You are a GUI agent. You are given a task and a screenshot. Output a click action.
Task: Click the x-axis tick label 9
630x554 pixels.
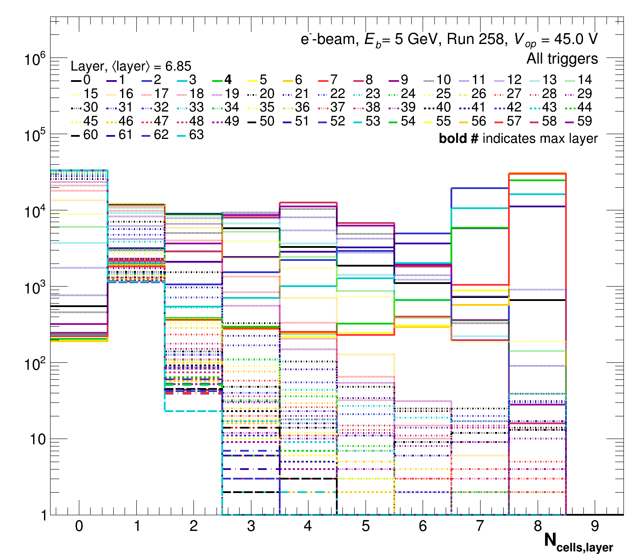point(595,527)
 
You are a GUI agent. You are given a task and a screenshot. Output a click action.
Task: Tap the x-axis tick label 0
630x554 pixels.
point(79,527)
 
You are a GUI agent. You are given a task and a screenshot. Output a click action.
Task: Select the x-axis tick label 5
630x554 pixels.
point(365,527)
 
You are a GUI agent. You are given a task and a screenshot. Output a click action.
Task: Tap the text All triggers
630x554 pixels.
point(562,58)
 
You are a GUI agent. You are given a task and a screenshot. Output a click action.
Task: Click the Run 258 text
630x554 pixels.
point(477,39)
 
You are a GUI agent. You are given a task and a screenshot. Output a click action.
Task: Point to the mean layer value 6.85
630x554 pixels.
point(178,66)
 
